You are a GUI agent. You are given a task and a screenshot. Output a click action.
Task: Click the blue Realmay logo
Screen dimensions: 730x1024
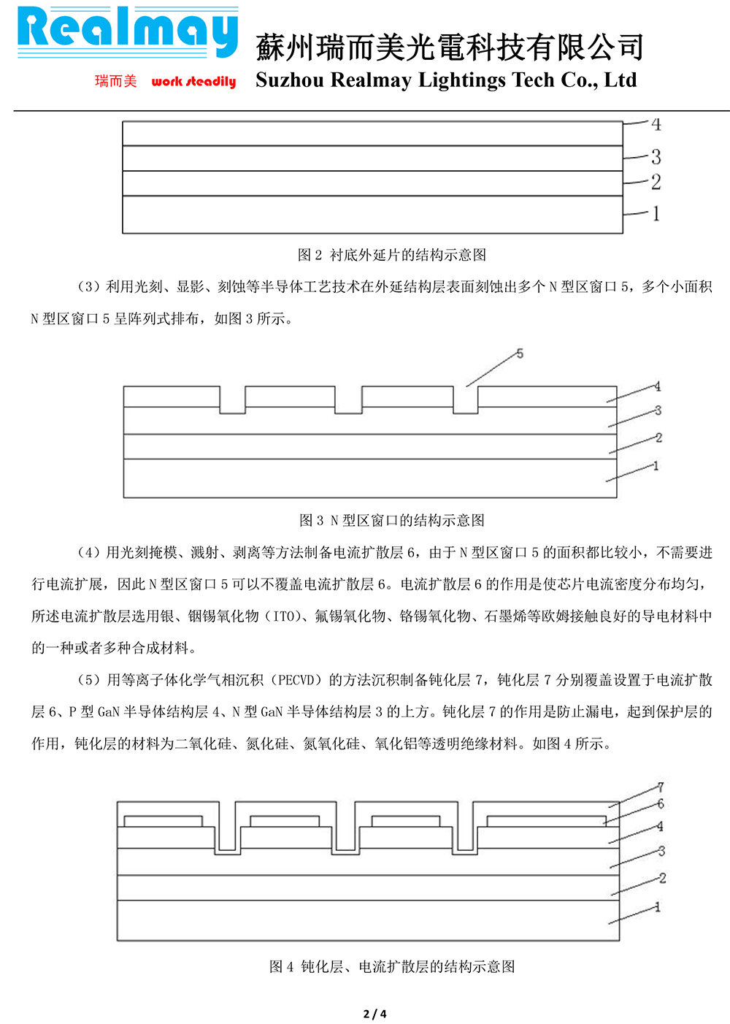click(x=128, y=32)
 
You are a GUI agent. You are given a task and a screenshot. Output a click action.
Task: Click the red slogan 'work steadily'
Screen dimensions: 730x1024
click(x=193, y=81)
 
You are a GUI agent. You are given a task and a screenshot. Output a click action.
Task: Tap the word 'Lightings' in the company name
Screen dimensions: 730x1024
click(x=461, y=80)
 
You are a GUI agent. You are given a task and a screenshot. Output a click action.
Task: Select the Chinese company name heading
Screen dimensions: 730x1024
click(x=450, y=47)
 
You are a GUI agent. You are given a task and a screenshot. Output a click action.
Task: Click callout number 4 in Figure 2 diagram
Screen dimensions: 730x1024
click(x=656, y=124)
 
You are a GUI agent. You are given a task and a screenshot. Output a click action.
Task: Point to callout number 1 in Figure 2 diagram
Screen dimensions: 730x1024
click(x=656, y=213)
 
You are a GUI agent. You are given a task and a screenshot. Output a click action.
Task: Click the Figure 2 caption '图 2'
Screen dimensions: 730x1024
click(x=310, y=255)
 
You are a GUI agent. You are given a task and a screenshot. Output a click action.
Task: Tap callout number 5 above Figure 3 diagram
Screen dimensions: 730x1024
click(x=520, y=354)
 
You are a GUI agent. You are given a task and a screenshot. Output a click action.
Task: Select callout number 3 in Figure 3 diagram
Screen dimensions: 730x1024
click(x=658, y=410)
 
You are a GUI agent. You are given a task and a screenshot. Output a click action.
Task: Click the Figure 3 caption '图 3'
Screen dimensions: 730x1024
click(x=312, y=520)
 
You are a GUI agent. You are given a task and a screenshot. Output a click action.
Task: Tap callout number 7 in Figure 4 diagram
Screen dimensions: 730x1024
click(x=660, y=787)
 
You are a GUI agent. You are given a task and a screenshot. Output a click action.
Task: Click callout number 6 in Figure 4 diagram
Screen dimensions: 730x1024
click(x=660, y=803)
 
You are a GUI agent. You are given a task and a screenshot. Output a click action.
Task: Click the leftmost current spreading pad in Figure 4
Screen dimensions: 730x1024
click(x=163, y=821)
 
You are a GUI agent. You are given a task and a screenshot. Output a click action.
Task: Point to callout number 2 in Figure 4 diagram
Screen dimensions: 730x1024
click(x=662, y=878)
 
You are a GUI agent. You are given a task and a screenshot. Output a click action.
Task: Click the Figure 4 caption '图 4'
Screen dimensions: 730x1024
click(x=281, y=966)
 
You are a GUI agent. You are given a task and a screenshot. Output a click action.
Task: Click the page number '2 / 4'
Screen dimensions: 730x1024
click(x=374, y=1014)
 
